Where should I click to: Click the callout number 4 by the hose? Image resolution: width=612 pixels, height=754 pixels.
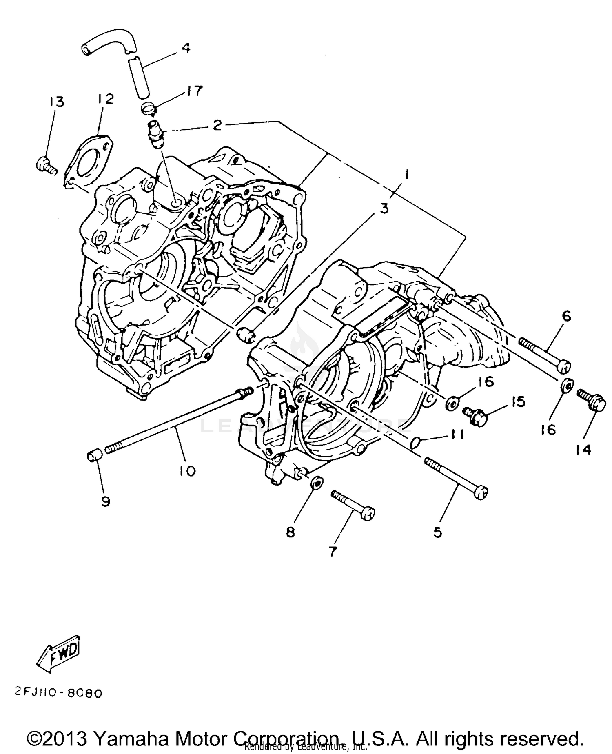click(186, 48)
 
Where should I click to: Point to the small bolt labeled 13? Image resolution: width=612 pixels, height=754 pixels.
click(44, 166)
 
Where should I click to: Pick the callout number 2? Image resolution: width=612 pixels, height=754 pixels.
click(217, 125)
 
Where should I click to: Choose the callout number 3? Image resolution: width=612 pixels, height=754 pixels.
click(384, 208)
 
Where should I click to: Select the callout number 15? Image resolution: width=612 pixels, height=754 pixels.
click(517, 402)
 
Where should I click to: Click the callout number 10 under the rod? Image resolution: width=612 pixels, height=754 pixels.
click(186, 471)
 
